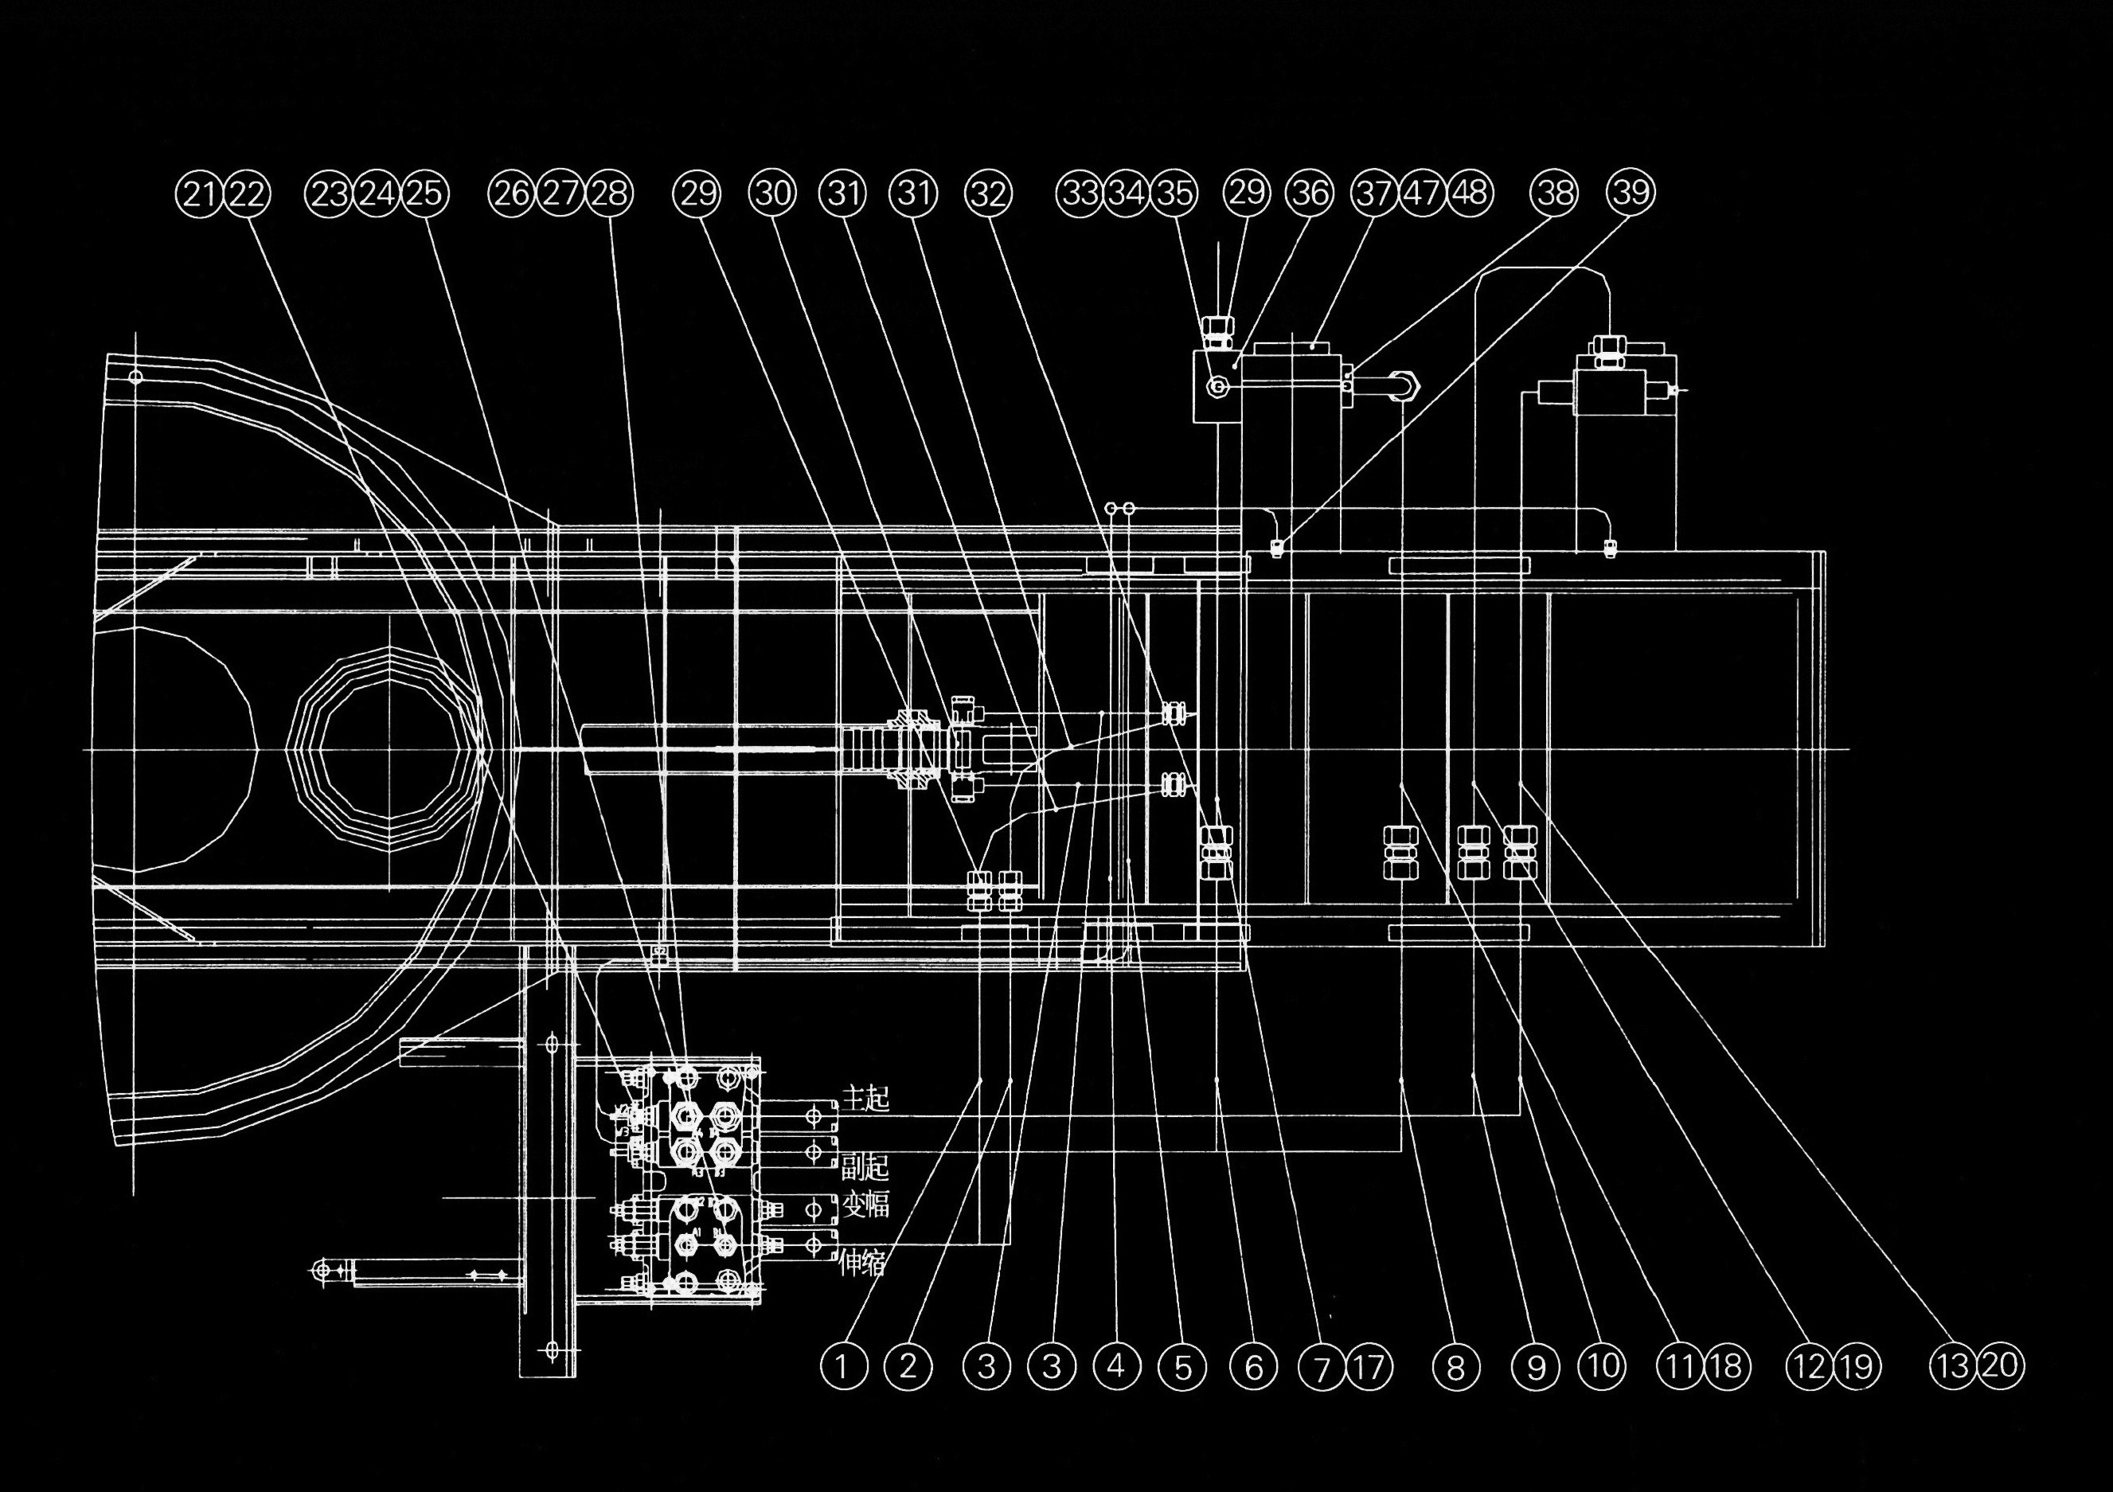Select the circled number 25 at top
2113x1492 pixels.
point(424,194)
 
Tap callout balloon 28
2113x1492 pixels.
point(610,194)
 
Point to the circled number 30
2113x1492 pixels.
point(773,193)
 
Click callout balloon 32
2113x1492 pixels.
point(987,194)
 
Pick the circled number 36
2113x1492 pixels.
point(1310,193)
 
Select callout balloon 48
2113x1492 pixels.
point(1471,193)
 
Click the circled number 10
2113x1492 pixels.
point(1604,1365)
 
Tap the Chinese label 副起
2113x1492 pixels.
point(866,1167)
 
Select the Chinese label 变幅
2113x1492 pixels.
point(866,1205)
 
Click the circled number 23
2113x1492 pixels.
point(330,194)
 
